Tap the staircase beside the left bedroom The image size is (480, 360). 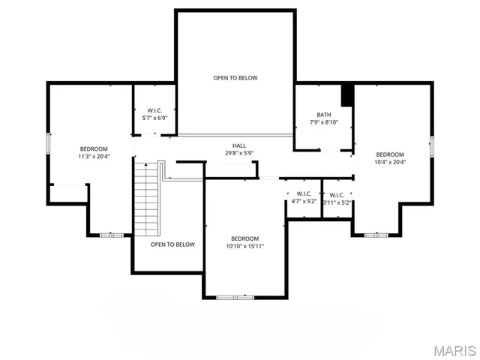(x=146, y=199)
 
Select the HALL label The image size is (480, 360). (x=238, y=145)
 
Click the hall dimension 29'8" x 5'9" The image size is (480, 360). (x=238, y=154)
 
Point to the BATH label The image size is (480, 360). (x=323, y=115)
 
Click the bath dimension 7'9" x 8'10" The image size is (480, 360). (x=323, y=123)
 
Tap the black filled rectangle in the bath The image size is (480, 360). (x=347, y=95)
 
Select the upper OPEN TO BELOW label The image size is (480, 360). (x=235, y=78)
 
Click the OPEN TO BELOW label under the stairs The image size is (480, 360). (x=172, y=244)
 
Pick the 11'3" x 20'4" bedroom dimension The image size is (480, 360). (x=94, y=157)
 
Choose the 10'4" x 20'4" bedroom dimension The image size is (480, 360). (x=390, y=162)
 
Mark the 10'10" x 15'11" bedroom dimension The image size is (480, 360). (x=244, y=246)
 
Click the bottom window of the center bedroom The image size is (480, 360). (x=235, y=298)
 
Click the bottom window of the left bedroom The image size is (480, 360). (x=112, y=235)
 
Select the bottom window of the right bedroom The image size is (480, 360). (x=376, y=235)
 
